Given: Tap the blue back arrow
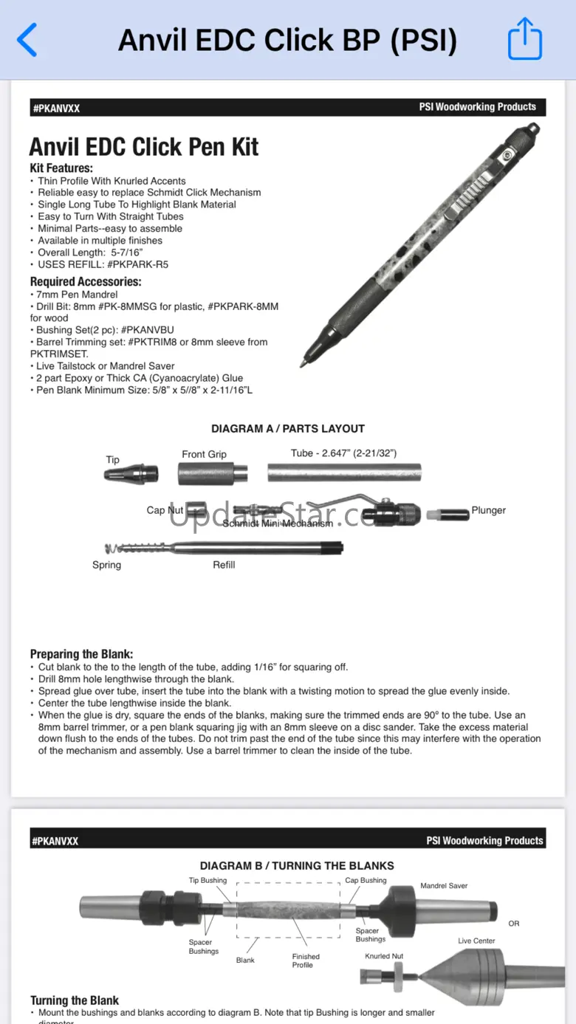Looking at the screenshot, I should tap(27, 40).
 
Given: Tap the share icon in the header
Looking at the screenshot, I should tap(525, 40).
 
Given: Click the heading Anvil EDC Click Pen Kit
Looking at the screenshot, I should tap(144, 146).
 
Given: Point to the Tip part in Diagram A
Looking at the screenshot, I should tap(131, 473).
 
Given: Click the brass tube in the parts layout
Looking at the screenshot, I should tap(343, 472).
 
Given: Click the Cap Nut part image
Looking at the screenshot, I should tap(196, 510).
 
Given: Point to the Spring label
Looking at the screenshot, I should tap(106, 565).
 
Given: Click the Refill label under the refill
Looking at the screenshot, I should tap(224, 565).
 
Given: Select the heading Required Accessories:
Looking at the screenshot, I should tap(86, 281).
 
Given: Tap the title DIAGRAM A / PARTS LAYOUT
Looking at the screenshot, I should tap(288, 428).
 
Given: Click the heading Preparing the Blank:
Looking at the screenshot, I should tap(81, 654).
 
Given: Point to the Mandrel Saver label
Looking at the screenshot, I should tap(444, 886).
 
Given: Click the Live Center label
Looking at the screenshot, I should tap(476, 941).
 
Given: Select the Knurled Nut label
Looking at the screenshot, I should tap(384, 956).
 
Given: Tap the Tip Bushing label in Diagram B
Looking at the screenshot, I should tap(208, 880).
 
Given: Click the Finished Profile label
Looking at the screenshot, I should tap(306, 961).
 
